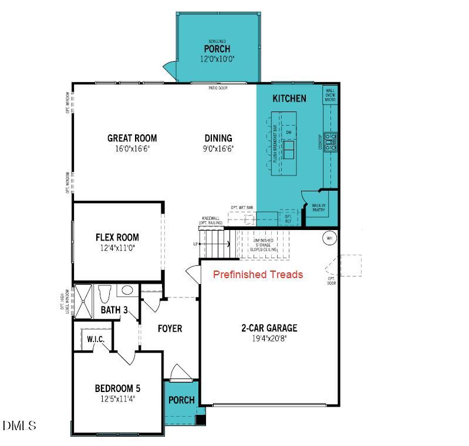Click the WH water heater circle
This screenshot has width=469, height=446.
(x=329, y=238)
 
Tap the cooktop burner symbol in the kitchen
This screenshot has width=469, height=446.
(x=331, y=143)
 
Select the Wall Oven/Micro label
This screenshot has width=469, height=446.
(x=330, y=95)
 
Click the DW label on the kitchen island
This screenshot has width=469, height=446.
(x=289, y=132)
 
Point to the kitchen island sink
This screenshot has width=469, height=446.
(x=289, y=150)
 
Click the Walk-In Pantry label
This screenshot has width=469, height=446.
(x=319, y=207)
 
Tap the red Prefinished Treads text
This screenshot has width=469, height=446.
(x=258, y=274)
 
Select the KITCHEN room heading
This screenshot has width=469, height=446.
(x=289, y=98)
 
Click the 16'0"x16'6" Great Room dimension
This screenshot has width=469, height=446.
(x=132, y=149)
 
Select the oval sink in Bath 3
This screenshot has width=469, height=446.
(x=126, y=289)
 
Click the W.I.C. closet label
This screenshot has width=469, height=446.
(x=95, y=339)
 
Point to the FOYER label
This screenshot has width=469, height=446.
(x=170, y=328)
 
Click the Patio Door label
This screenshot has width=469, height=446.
(x=218, y=88)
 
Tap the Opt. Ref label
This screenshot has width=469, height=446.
(x=288, y=218)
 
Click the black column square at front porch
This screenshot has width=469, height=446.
(x=201, y=420)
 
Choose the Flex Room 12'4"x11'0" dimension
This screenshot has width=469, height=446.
(x=117, y=248)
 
